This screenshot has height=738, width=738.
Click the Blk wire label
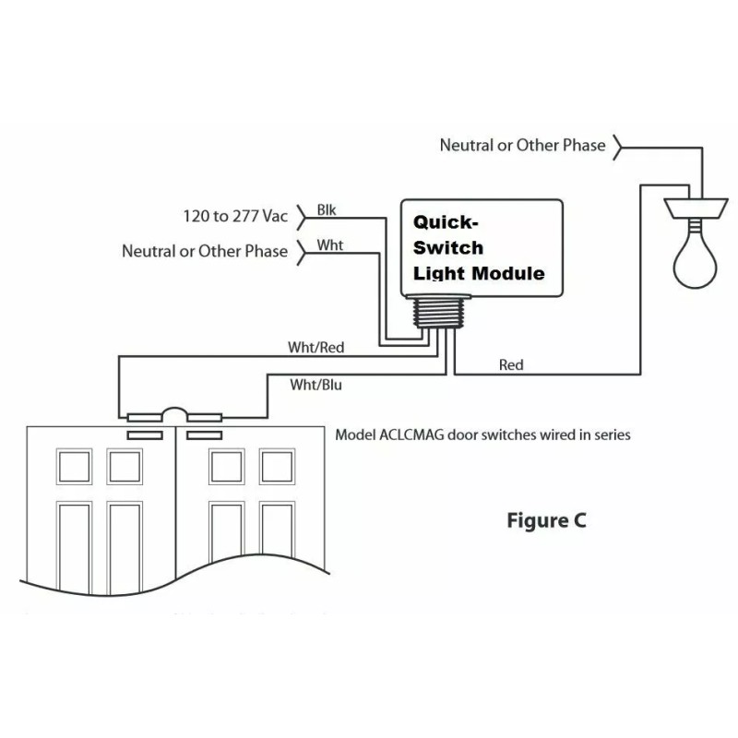pyautogui.click(x=327, y=210)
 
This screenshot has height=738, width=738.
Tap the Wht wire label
pyautogui.click(x=330, y=245)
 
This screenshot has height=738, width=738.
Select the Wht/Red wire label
pyautogui.click(x=315, y=348)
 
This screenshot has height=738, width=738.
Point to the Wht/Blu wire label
pyautogui.click(x=315, y=385)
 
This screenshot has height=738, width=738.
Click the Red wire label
pyautogui.click(x=511, y=364)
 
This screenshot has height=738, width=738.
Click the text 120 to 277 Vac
pyautogui.click(x=235, y=216)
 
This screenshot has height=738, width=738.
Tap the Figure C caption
pyautogui.click(x=546, y=520)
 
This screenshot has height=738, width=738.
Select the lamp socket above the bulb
pyautogui.click(x=696, y=208)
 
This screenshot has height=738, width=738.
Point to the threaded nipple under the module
pyautogui.click(x=439, y=312)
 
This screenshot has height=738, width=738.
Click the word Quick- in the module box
pyautogui.click(x=446, y=222)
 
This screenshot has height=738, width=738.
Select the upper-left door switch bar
pyautogui.click(x=145, y=418)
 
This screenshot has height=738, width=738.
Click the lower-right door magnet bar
pyautogui.click(x=204, y=435)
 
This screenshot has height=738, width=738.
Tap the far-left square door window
pyautogui.click(x=74, y=467)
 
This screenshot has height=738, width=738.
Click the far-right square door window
pyautogui.click(x=278, y=467)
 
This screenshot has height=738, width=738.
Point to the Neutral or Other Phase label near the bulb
pyautogui.click(x=522, y=145)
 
